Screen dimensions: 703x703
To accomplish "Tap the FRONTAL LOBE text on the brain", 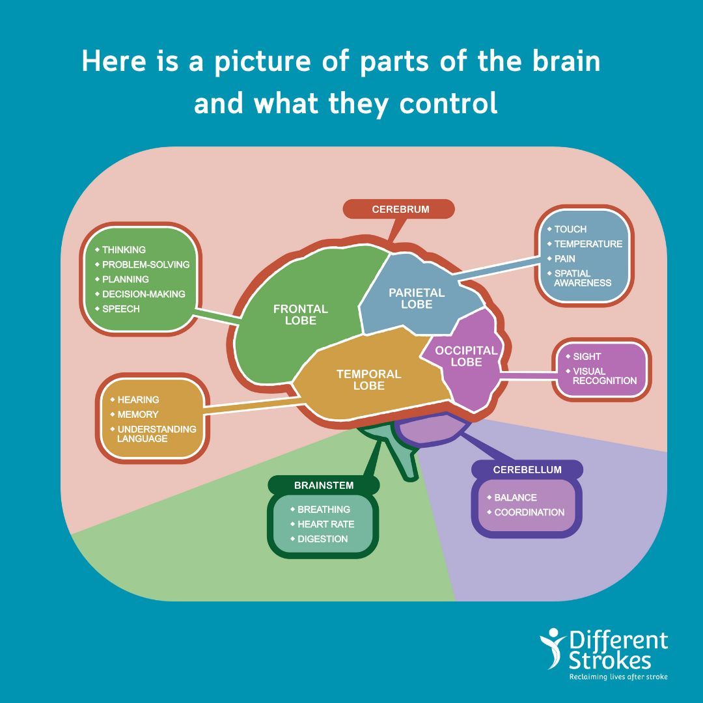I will (300, 314).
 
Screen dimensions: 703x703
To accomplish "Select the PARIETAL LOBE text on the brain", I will (417, 299).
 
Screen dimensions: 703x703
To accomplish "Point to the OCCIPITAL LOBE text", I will (466, 356).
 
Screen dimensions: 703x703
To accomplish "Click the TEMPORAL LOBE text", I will (368, 379).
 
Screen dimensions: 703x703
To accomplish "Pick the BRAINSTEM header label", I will (324, 485).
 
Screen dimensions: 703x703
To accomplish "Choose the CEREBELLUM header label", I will (527, 469).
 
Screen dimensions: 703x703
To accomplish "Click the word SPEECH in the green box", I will (121, 309).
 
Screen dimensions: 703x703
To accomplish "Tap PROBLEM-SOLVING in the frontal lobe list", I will (146, 264).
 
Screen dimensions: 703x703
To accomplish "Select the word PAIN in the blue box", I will (564, 258).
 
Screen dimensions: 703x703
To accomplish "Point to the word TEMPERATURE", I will (588, 244).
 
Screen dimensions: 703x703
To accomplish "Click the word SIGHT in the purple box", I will (586, 357).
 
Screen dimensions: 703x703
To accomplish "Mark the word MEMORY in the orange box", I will (137, 414).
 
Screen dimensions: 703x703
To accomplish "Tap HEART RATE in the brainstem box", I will (325, 524).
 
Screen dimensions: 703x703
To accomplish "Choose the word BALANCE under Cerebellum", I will (516, 497).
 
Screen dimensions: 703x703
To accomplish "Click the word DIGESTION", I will (322, 539).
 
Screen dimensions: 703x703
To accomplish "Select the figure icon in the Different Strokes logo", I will (553, 648).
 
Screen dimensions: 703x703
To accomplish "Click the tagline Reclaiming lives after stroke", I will (618, 677).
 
